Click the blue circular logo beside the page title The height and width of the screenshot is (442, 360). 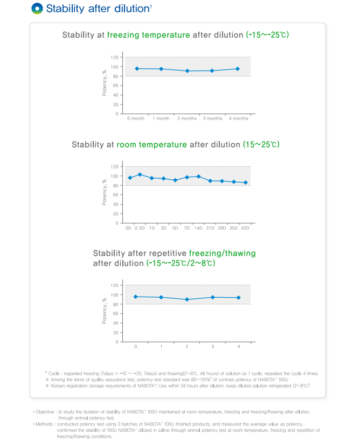(37, 8)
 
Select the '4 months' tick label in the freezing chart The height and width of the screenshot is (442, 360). (238, 118)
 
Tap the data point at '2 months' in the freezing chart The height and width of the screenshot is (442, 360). (187, 71)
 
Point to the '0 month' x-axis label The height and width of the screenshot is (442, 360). (136, 118)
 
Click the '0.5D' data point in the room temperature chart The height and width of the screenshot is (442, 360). (140, 174)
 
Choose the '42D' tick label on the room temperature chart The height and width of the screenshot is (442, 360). (245, 227)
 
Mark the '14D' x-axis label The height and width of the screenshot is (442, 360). (198, 227)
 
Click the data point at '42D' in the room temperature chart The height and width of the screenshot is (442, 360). (246, 183)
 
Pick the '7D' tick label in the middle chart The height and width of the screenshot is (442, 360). (187, 227)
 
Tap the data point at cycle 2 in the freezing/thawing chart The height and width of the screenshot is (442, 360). (187, 299)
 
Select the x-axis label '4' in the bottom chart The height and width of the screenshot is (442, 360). (238, 346)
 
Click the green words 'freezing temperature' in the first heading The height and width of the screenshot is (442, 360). (148, 35)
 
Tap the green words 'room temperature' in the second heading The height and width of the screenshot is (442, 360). (156, 145)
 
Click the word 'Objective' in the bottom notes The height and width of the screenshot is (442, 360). (45, 411)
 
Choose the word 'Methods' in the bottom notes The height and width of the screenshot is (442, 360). (44, 424)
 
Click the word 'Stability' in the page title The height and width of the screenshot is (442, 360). (64, 9)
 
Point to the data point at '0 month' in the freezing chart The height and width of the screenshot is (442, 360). (137, 68)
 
